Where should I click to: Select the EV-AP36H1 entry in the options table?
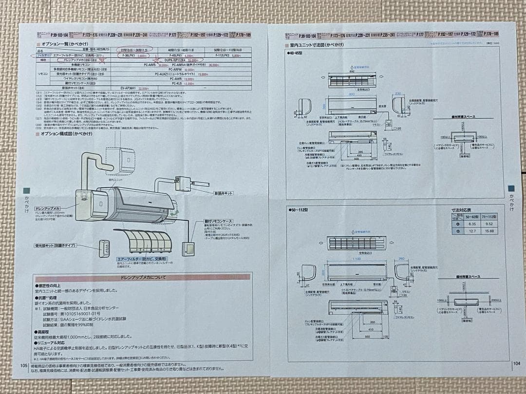pyautogui.click(x=130, y=88)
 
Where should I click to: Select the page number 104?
pyautogui.click(x=516, y=363)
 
